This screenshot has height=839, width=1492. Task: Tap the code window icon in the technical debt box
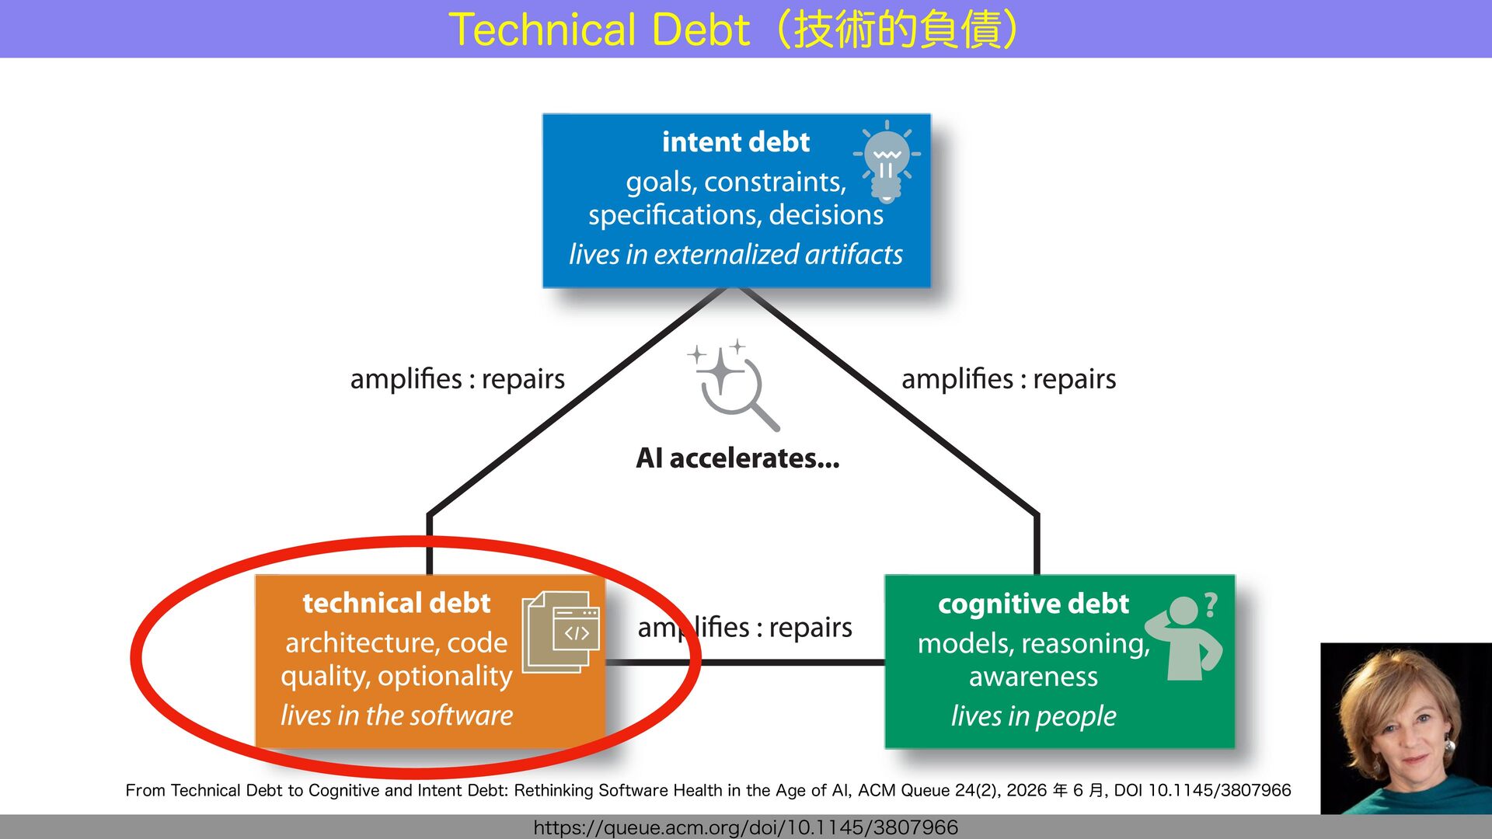(x=561, y=632)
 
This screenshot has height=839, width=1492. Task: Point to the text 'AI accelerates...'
(x=737, y=458)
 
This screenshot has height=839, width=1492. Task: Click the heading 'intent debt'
(x=736, y=142)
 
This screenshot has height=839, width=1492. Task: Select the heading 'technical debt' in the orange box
(x=396, y=603)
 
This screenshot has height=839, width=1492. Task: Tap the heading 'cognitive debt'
(x=1033, y=604)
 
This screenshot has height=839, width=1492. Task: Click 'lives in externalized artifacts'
(x=736, y=254)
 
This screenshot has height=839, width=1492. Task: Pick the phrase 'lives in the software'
(x=396, y=715)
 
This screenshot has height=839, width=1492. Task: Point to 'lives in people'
(x=1034, y=715)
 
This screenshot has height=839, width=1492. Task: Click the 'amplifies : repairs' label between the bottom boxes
(x=744, y=627)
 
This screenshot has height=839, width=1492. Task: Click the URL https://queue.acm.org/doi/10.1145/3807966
(x=746, y=827)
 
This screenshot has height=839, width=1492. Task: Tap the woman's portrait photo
(x=1406, y=728)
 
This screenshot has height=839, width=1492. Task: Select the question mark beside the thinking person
(x=1211, y=604)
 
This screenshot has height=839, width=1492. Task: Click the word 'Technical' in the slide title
(x=542, y=30)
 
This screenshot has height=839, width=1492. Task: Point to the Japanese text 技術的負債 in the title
(x=897, y=30)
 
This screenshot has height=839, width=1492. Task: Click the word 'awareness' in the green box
(x=1034, y=677)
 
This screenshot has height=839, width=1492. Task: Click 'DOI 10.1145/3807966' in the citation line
(x=1202, y=790)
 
